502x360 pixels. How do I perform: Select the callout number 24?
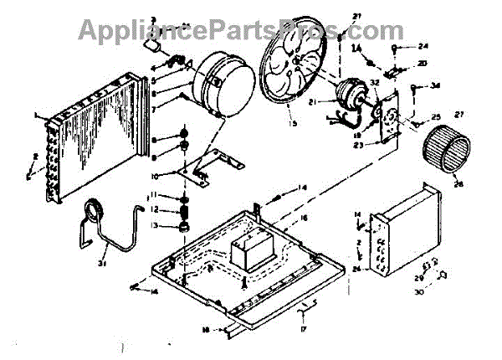tap(423, 47)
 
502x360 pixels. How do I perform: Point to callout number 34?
tap(435, 85)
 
